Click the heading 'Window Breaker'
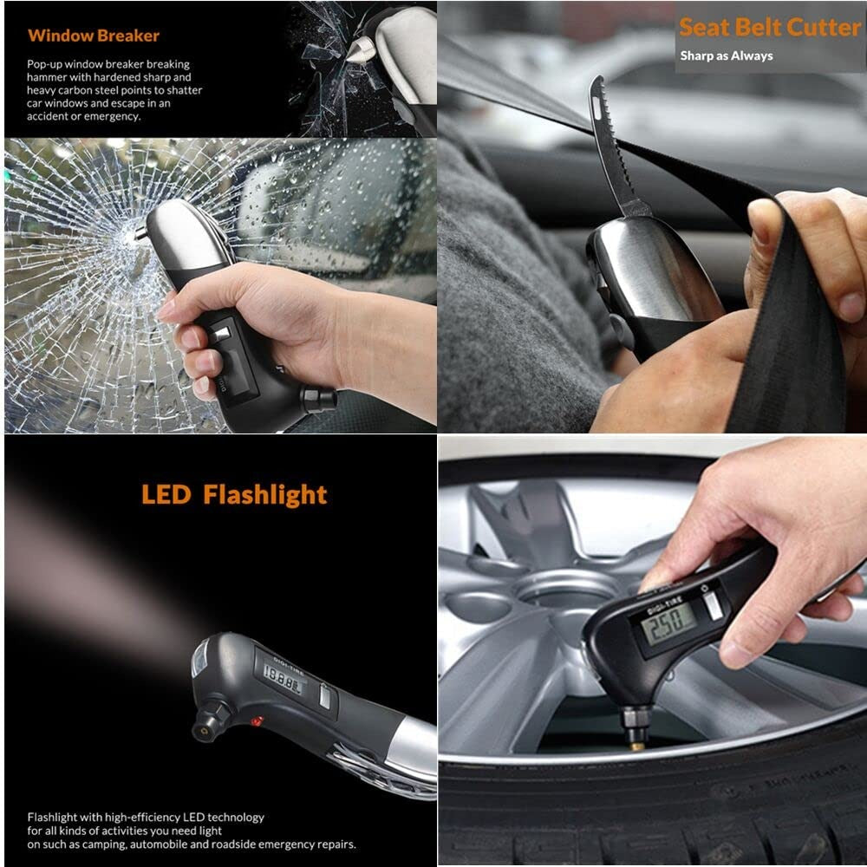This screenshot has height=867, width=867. point(94,36)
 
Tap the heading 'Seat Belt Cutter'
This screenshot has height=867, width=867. point(769,27)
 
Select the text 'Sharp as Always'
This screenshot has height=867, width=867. point(726,55)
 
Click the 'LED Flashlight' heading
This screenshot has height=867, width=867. point(234,494)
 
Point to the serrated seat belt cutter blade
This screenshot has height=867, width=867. point(614,147)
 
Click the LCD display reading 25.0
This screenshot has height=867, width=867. point(669,623)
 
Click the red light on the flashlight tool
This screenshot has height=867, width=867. point(257,721)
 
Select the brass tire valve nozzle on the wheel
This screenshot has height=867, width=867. point(636,746)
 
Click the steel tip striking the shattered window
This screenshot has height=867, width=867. point(141,232)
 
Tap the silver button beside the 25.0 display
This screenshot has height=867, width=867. point(714,605)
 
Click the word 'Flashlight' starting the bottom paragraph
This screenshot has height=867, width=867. point(52,818)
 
